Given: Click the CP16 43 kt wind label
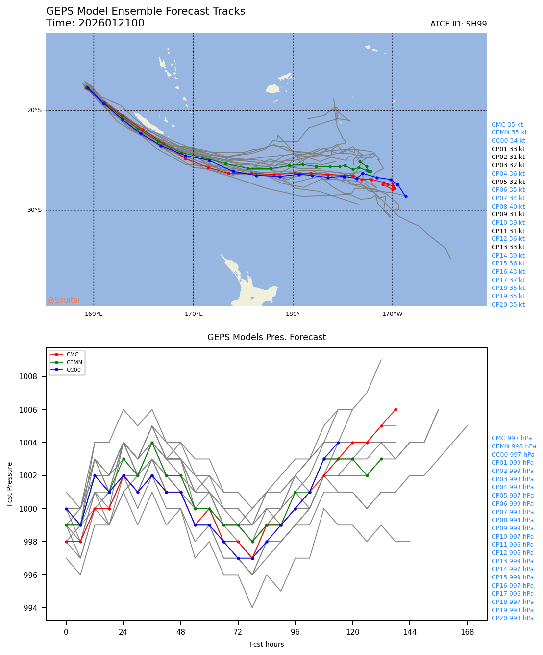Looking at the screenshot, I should tap(508, 272).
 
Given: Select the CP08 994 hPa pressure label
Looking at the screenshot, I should tap(513, 520).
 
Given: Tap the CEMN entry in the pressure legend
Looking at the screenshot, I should tap(74, 362).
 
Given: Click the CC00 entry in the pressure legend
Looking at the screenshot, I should tap(74, 370).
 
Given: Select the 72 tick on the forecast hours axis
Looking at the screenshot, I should tap(238, 632).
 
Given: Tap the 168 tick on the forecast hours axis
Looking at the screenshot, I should tap(467, 632).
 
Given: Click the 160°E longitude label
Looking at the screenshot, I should tap(94, 314).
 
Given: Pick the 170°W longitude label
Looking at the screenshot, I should tap(392, 314).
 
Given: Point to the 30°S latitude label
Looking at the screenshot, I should tap(34, 210).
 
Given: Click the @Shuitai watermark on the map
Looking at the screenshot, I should tap(64, 300).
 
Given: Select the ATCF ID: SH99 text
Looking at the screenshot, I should tap(458, 24).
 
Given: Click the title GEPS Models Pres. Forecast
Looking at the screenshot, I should tap(266, 338).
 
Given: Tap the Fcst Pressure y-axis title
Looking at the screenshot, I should tap(10, 484).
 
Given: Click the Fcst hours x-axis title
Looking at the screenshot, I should tap(266, 644).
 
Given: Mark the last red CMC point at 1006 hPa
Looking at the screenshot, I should tap(395, 409).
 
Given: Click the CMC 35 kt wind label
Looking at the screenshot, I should tap(507, 125).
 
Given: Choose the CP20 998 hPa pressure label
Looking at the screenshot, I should tap(513, 618).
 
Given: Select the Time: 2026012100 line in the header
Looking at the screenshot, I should tap(95, 24).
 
